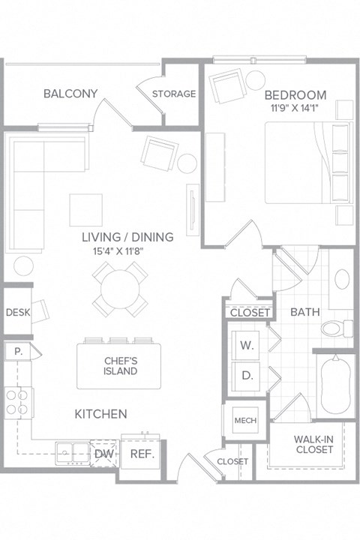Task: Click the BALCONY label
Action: click(70, 94)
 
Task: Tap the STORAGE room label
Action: click(174, 94)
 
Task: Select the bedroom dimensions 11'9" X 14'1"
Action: click(295, 108)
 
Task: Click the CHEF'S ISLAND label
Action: click(120, 366)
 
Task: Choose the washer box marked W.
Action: click(247, 345)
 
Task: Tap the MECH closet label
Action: click(245, 421)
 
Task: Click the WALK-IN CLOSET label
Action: click(314, 444)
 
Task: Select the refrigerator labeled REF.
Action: click(142, 454)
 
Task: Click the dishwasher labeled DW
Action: click(103, 453)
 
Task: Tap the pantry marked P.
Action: click(16, 351)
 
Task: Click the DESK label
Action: click(16, 313)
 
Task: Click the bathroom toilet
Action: click(334, 328)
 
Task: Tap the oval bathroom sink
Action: click(340, 279)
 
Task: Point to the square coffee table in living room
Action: click(85, 209)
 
